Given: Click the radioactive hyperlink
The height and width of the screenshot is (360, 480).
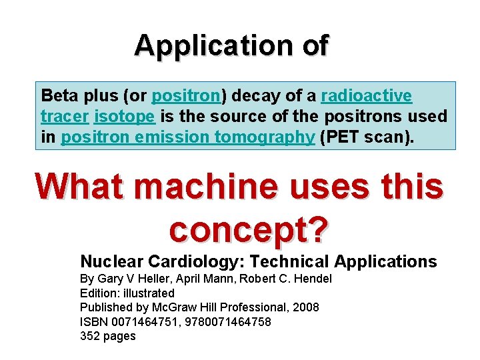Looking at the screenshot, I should [366, 96].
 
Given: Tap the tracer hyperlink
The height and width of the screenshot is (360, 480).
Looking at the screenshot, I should [65, 117].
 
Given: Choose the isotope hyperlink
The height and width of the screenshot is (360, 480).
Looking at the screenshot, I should [125, 117].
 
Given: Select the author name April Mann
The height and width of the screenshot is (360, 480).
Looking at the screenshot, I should [209, 279].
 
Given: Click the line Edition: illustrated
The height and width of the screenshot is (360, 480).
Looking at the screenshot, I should [127, 293].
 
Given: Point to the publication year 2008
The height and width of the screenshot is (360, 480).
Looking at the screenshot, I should [305, 307].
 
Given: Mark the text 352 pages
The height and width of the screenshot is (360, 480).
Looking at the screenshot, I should [107, 336].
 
